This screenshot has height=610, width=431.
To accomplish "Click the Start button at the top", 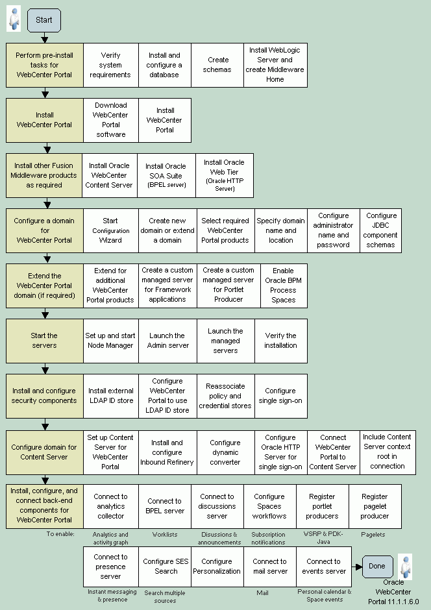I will tap(44, 20).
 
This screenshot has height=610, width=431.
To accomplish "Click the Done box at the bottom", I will tap(377, 566).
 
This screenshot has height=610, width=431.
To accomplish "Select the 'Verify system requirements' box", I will tap(110, 65).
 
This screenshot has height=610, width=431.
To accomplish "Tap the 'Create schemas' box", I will tap(217, 65).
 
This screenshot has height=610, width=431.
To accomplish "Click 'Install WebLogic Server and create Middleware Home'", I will tap(275, 65).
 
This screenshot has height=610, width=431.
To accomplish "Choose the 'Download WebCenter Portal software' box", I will tap(110, 120).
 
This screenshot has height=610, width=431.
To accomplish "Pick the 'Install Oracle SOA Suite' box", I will tap(166, 175).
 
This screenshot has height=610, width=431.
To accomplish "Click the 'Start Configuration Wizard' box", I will tap(110, 230).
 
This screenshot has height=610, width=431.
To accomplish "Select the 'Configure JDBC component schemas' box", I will tap(381, 230).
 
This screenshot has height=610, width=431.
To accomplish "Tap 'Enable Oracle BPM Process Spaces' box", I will tap(283, 286).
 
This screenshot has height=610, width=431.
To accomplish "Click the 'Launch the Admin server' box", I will tap(167, 341).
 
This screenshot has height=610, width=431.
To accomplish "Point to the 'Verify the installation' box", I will tap(280, 341).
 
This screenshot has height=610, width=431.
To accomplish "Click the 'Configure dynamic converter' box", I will tap(225, 452).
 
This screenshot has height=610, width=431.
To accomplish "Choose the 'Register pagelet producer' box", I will tap(375, 506).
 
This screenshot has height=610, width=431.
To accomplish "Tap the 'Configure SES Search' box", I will tap(166, 567).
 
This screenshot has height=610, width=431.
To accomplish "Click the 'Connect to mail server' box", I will tap(269, 567).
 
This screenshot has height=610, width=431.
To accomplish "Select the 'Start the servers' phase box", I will tap(44, 341).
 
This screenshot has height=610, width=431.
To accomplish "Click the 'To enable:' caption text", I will tap(60, 534).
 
